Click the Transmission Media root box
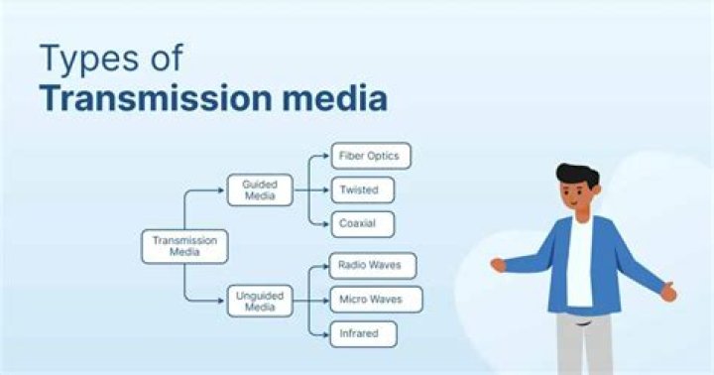184,246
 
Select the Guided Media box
260,189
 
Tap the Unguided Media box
260,301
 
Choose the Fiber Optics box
371,157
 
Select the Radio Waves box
373,266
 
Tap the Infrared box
364,333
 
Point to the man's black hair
577,174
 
